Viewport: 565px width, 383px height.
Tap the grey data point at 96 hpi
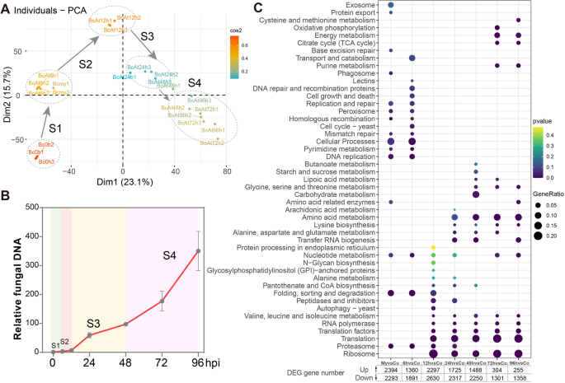pos(198,251)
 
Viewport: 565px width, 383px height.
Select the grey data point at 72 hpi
pos(162,301)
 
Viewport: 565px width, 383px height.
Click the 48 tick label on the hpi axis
pos(125,362)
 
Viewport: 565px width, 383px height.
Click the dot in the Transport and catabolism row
pos(412,58)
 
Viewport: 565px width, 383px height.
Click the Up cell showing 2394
pos(391,371)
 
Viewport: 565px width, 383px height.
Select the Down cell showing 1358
pos(518,380)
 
